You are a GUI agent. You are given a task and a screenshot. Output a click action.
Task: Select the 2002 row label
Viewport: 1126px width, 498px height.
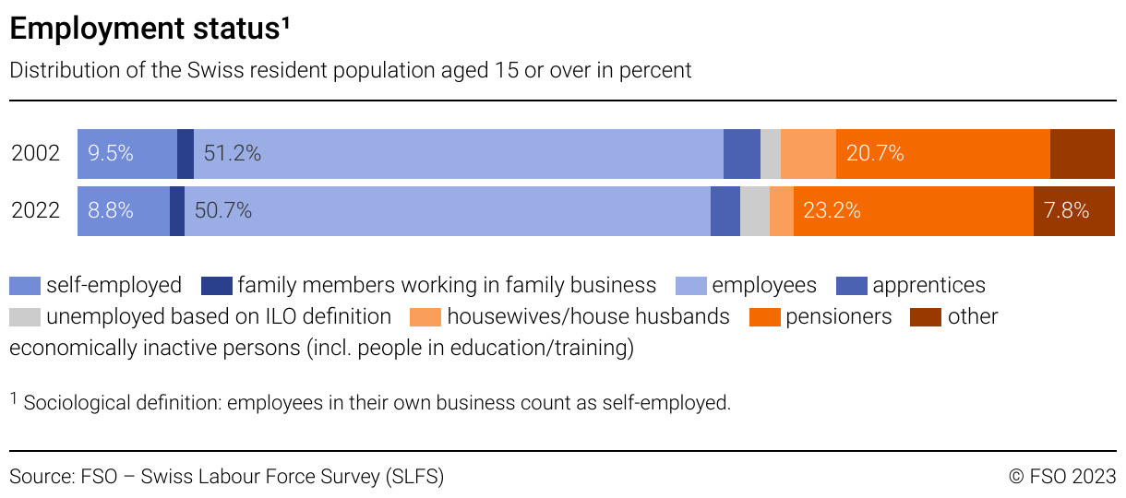pos(35,153)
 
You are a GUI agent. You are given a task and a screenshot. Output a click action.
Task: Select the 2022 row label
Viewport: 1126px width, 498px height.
pos(35,210)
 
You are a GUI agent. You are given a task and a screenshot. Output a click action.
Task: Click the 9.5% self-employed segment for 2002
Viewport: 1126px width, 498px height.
pos(126,153)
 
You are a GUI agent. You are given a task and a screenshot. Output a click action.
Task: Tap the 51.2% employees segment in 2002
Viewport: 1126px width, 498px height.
pos(459,153)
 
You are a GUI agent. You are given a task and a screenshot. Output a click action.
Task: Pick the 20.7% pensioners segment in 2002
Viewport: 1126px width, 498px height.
pos(942,153)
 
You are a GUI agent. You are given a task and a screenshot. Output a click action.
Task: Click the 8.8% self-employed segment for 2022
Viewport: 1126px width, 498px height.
pos(123,210)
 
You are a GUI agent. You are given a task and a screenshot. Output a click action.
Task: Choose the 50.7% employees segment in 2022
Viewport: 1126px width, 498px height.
pos(447,210)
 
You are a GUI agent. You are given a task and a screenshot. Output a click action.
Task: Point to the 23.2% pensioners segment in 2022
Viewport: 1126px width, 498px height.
pos(913,210)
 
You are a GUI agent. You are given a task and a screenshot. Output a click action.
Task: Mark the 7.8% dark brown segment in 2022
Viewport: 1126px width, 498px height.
pos(1073,210)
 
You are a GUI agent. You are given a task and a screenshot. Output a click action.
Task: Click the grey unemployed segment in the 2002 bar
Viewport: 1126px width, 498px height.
pos(770,153)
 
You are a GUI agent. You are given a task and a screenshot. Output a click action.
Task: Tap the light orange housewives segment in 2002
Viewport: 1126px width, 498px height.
pos(808,153)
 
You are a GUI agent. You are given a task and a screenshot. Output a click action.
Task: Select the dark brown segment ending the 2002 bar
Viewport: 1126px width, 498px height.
pos(1082,153)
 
